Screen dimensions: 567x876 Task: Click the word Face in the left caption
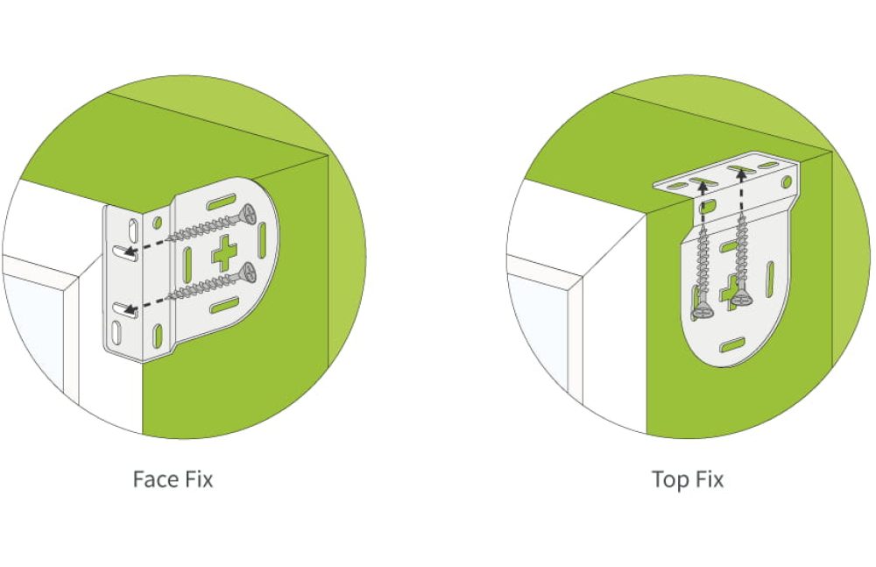pos(152,479)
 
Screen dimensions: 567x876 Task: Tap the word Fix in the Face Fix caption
pos(196,479)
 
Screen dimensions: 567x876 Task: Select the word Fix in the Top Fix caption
pos(710,479)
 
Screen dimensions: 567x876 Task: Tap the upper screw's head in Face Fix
pos(251,213)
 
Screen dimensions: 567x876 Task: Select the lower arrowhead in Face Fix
pos(130,308)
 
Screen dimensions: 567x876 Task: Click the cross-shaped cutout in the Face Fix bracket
pos(224,252)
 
